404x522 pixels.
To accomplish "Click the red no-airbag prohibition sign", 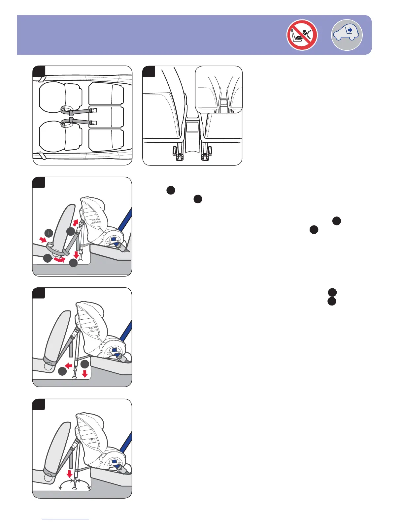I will pos(302,35).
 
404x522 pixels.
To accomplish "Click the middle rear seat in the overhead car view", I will pos(106,117).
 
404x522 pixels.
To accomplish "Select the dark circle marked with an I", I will pos(49,233).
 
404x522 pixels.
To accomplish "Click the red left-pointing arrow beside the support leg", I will pos(69,365).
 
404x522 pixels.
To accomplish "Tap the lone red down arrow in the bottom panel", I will pos(69,474).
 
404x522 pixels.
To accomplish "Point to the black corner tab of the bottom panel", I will pos(39,404).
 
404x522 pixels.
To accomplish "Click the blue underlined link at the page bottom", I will pos(65,519).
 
